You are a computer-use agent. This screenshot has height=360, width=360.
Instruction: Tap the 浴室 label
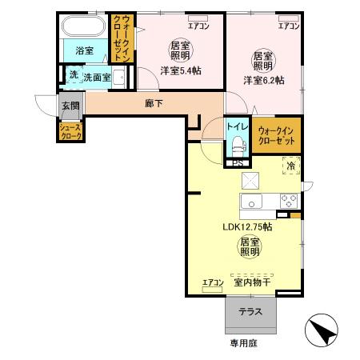click(84, 50)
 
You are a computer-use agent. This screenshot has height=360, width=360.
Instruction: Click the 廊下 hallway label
click(154, 102)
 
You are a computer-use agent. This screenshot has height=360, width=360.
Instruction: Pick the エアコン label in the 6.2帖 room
click(289, 26)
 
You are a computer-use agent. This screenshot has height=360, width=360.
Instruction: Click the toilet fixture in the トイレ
click(237, 145)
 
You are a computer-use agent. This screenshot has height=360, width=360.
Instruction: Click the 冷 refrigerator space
click(290, 166)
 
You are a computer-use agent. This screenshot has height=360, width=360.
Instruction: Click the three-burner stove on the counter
click(288, 200)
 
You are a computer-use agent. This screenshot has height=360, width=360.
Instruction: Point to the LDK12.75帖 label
click(247, 226)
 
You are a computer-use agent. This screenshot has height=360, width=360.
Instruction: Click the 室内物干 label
click(251, 282)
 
